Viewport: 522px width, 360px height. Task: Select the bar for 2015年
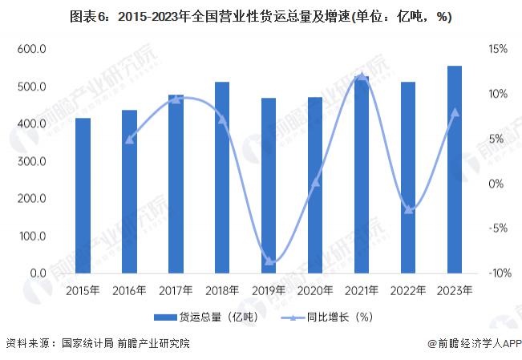(x=83, y=196)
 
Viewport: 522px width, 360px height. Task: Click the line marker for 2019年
(x=269, y=261)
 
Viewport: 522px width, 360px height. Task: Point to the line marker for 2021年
(x=362, y=77)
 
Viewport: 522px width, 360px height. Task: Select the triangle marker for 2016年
(x=129, y=139)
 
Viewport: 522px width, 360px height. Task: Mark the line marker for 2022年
(x=408, y=209)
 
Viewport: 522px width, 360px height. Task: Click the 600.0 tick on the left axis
(x=32, y=50)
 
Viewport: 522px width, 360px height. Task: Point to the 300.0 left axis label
(x=32, y=161)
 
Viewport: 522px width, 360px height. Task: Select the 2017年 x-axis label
(x=175, y=289)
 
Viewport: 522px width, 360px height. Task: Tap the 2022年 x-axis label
(x=408, y=289)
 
